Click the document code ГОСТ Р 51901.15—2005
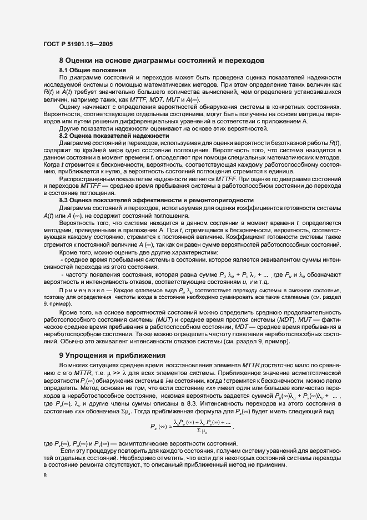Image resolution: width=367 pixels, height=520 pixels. coord(78,43)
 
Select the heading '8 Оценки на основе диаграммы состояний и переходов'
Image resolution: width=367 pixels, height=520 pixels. coord(161,60)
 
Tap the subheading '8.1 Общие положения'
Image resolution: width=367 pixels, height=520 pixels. coord(92,70)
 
